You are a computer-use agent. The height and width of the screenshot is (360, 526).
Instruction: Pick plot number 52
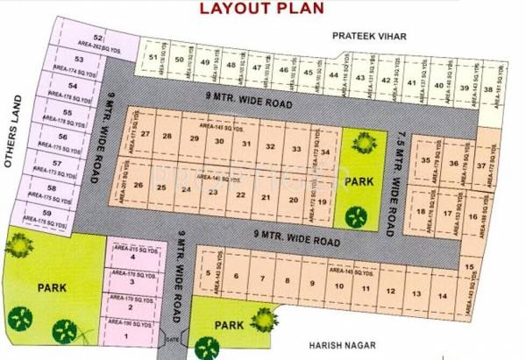[98, 39]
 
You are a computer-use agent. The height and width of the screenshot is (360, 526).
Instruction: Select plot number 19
[323, 202]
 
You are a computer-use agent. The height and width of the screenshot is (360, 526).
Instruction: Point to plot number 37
[481, 165]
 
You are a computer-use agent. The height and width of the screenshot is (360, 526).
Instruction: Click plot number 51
[154, 59]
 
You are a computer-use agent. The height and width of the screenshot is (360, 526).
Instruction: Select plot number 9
[312, 285]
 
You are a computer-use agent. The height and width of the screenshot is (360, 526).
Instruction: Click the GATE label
[171, 340]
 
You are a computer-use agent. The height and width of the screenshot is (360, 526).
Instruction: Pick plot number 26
[139, 187]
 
